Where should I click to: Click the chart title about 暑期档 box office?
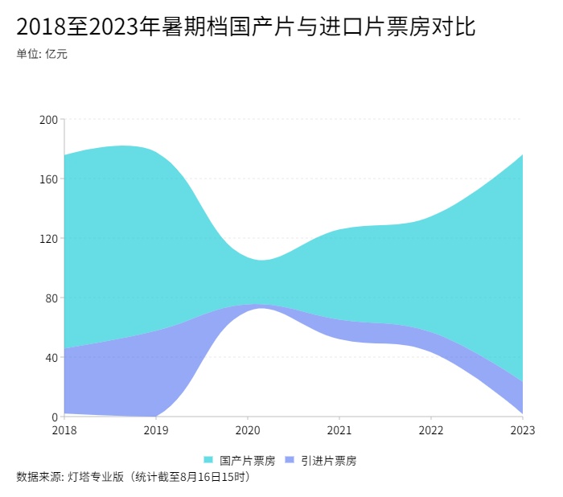(x=245, y=27)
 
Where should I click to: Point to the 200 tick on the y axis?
(x=49, y=119)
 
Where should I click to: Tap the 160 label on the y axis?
(x=49, y=179)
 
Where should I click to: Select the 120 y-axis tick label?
(x=49, y=238)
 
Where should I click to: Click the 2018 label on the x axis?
(x=64, y=430)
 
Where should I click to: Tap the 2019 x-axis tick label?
(x=156, y=430)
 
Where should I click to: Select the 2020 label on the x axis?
(x=248, y=430)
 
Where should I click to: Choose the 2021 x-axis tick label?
(x=339, y=430)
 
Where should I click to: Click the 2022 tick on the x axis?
(x=431, y=430)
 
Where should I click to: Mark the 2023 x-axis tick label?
(x=522, y=430)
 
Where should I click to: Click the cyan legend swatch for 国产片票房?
(x=208, y=461)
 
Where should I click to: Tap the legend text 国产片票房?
(x=247, y=461)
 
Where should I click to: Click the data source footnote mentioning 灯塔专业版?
(x=134, y=477)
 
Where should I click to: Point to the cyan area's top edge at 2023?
(x=522, y=155)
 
